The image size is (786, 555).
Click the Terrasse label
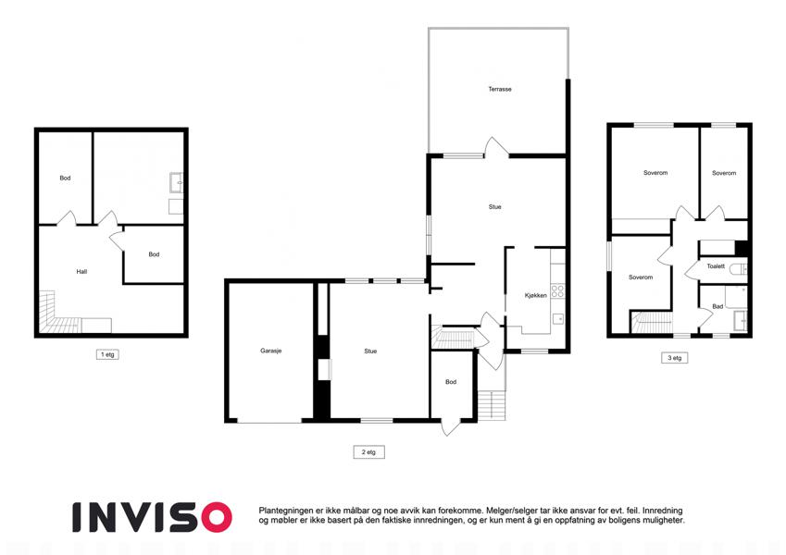(x=500, y=89)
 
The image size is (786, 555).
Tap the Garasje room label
(x=270, y=351)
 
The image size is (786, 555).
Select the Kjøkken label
(x=535, y=295)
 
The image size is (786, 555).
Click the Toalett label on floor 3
(x=716, y=266)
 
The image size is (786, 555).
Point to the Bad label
(x=717, y=306)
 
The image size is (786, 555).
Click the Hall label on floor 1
(x=81, y=272)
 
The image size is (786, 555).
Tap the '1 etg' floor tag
(x=107, y=354)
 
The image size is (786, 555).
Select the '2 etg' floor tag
(x=368, y=451)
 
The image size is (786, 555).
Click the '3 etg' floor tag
(x=674, y=358)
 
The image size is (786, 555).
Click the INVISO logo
(x=152, y=517)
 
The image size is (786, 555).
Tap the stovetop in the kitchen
(x=557, y=291)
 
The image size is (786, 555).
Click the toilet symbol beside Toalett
(x=738, y=269)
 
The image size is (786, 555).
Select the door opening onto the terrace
(x=497, y=147)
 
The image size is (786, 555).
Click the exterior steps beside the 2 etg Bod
(x=492, y=405)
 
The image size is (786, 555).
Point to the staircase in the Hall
(x=59, y=315)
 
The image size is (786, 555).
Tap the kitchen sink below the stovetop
(x=557, y=318)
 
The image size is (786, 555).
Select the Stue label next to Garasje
(x=370, y=351)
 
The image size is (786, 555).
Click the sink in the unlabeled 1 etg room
(x=176, y=182)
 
